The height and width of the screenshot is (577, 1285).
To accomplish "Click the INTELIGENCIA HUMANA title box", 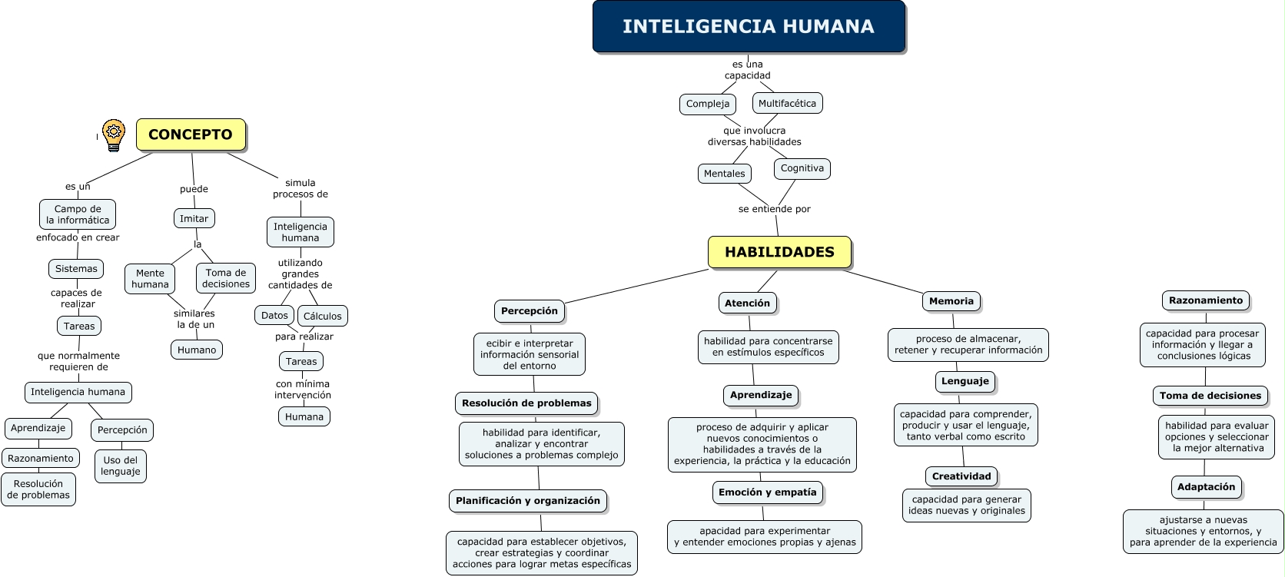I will coord(749,27).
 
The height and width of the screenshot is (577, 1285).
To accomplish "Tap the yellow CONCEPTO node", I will coord(191,134).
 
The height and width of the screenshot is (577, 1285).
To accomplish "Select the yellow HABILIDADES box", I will coord(779,252).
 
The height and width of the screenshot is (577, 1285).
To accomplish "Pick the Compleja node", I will coord(708,104).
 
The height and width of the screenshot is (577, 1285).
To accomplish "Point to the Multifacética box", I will coord(787,103).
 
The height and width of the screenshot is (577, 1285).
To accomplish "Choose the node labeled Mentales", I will coord(724,174).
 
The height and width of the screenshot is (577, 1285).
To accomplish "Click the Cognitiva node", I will coord(802,168).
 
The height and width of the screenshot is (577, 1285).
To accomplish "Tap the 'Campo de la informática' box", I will coord(78,214).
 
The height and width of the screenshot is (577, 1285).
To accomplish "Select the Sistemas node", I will coord(76,269).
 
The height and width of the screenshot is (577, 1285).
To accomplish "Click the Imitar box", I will coord(194,218).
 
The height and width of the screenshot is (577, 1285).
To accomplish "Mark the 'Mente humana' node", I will coord(150,278).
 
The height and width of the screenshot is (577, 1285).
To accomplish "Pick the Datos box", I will coord(274,315).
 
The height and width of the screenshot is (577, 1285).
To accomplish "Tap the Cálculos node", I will coord(322,316).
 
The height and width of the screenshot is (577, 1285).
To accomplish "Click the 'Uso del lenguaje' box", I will coord(121,466).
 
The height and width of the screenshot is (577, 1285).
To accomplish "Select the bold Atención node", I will coord(747,303).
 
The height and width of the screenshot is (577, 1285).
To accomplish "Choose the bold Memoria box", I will coord(951,301).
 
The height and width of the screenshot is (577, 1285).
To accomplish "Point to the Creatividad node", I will coord(961,476).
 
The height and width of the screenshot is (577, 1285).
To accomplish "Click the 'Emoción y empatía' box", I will coord(767,492).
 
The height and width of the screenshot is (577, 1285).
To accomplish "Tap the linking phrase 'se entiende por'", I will coord(774,209).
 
